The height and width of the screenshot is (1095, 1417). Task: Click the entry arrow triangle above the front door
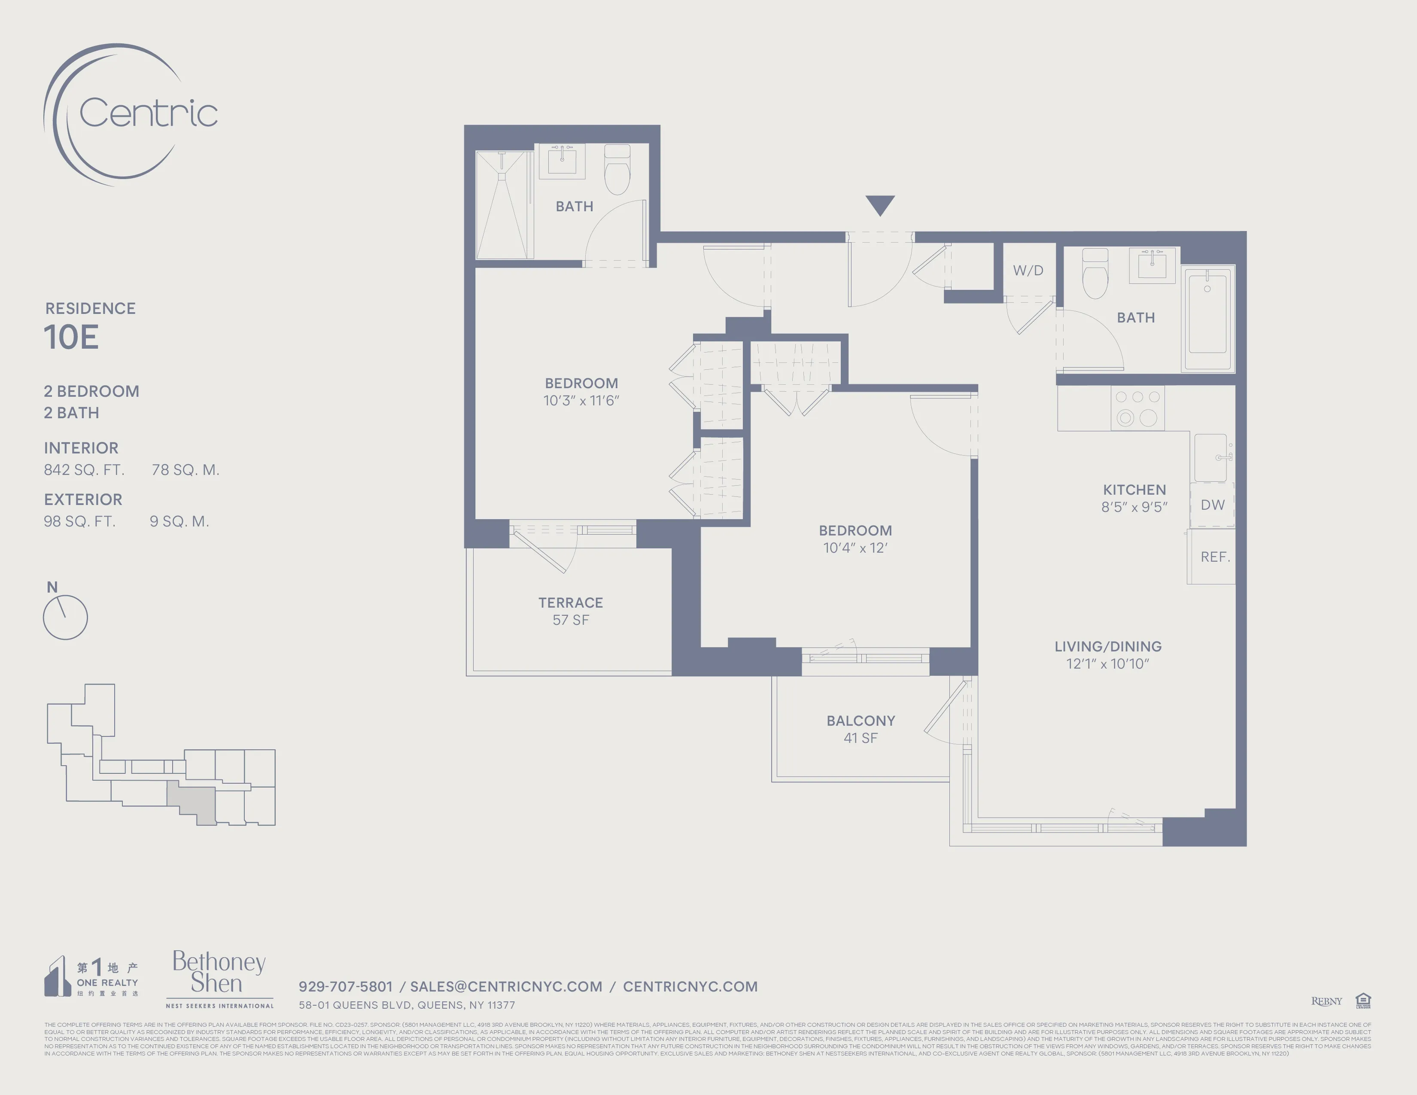click(880, 204)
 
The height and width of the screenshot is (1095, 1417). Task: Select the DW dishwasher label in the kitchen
click(1212, 505)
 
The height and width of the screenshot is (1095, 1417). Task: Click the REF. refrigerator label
click(1215, 557)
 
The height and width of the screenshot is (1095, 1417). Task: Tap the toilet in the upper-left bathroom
click(617, 170)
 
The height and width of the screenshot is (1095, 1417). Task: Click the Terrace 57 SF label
click(570, 611)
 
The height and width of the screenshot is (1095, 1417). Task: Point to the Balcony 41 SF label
click(861, 729)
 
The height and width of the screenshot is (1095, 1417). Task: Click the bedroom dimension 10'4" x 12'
click(855, 548)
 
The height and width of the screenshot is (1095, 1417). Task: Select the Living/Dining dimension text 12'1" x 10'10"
click(1107, 663)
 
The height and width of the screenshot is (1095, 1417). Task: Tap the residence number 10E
click(71, 338)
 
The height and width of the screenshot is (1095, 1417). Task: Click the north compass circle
click(65, 617)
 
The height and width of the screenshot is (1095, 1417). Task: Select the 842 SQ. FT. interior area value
click(84, 470)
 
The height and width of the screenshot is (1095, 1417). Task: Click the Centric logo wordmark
click(148, 113)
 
